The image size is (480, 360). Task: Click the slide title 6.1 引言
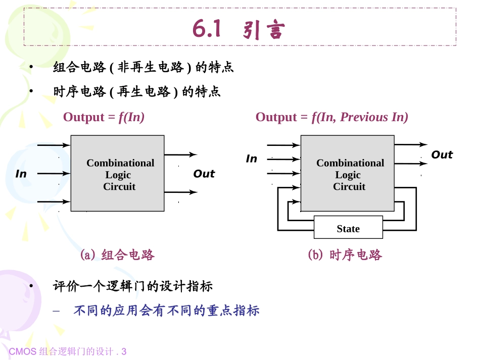click(x=239, y=30)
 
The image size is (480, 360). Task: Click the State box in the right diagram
click(x=348, y=229)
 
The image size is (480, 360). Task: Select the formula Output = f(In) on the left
click(x=104, y=117)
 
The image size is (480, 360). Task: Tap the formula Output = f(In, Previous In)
click(x=331, y=117)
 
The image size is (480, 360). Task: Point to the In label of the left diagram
click(x=21, y=174)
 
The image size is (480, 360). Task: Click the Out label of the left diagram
click(x=204, y=174)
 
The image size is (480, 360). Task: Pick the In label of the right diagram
click(x=251, y=159)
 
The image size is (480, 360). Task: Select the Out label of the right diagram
click(x=442, y=155)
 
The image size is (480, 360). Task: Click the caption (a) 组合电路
click(x=117, y=255)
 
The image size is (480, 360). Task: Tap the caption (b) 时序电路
click(x=345, y=255)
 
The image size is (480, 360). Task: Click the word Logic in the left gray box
click(x=118, y=175)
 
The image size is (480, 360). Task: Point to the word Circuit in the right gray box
click(x=349, y=186)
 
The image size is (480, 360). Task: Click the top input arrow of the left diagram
click(x=54, y=145)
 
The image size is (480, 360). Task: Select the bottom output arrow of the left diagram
click(x=180, y=192)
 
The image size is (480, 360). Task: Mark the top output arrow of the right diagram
click(x=410, y=145)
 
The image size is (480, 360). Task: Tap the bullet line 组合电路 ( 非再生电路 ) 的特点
click(x=143, y=67)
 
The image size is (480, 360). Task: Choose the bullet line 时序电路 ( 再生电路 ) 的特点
click(x=137, y=92)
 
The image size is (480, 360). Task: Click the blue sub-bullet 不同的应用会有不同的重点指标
click(x=166, y=311)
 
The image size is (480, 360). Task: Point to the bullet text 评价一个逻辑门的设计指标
click(x=133, y=286)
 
